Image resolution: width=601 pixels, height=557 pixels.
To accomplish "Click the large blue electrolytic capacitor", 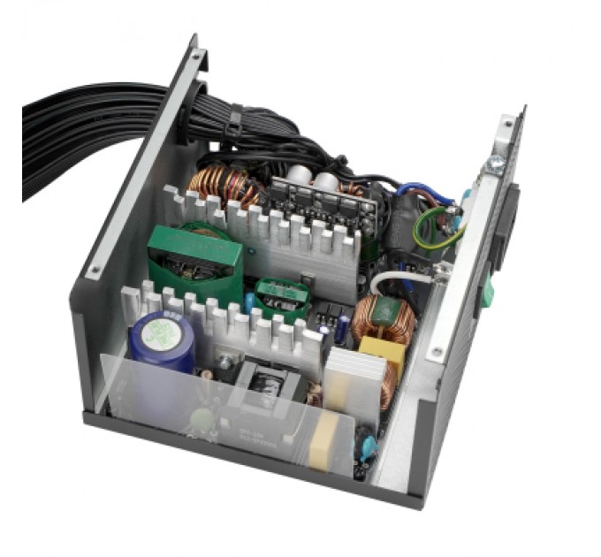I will (x=162, y=340).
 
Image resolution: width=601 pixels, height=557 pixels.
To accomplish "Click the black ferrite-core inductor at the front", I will (x=265, y=390).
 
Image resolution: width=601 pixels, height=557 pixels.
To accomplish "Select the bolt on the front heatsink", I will (x=225, y=362).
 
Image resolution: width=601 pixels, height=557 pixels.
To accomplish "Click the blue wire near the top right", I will (x=415, y=190).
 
